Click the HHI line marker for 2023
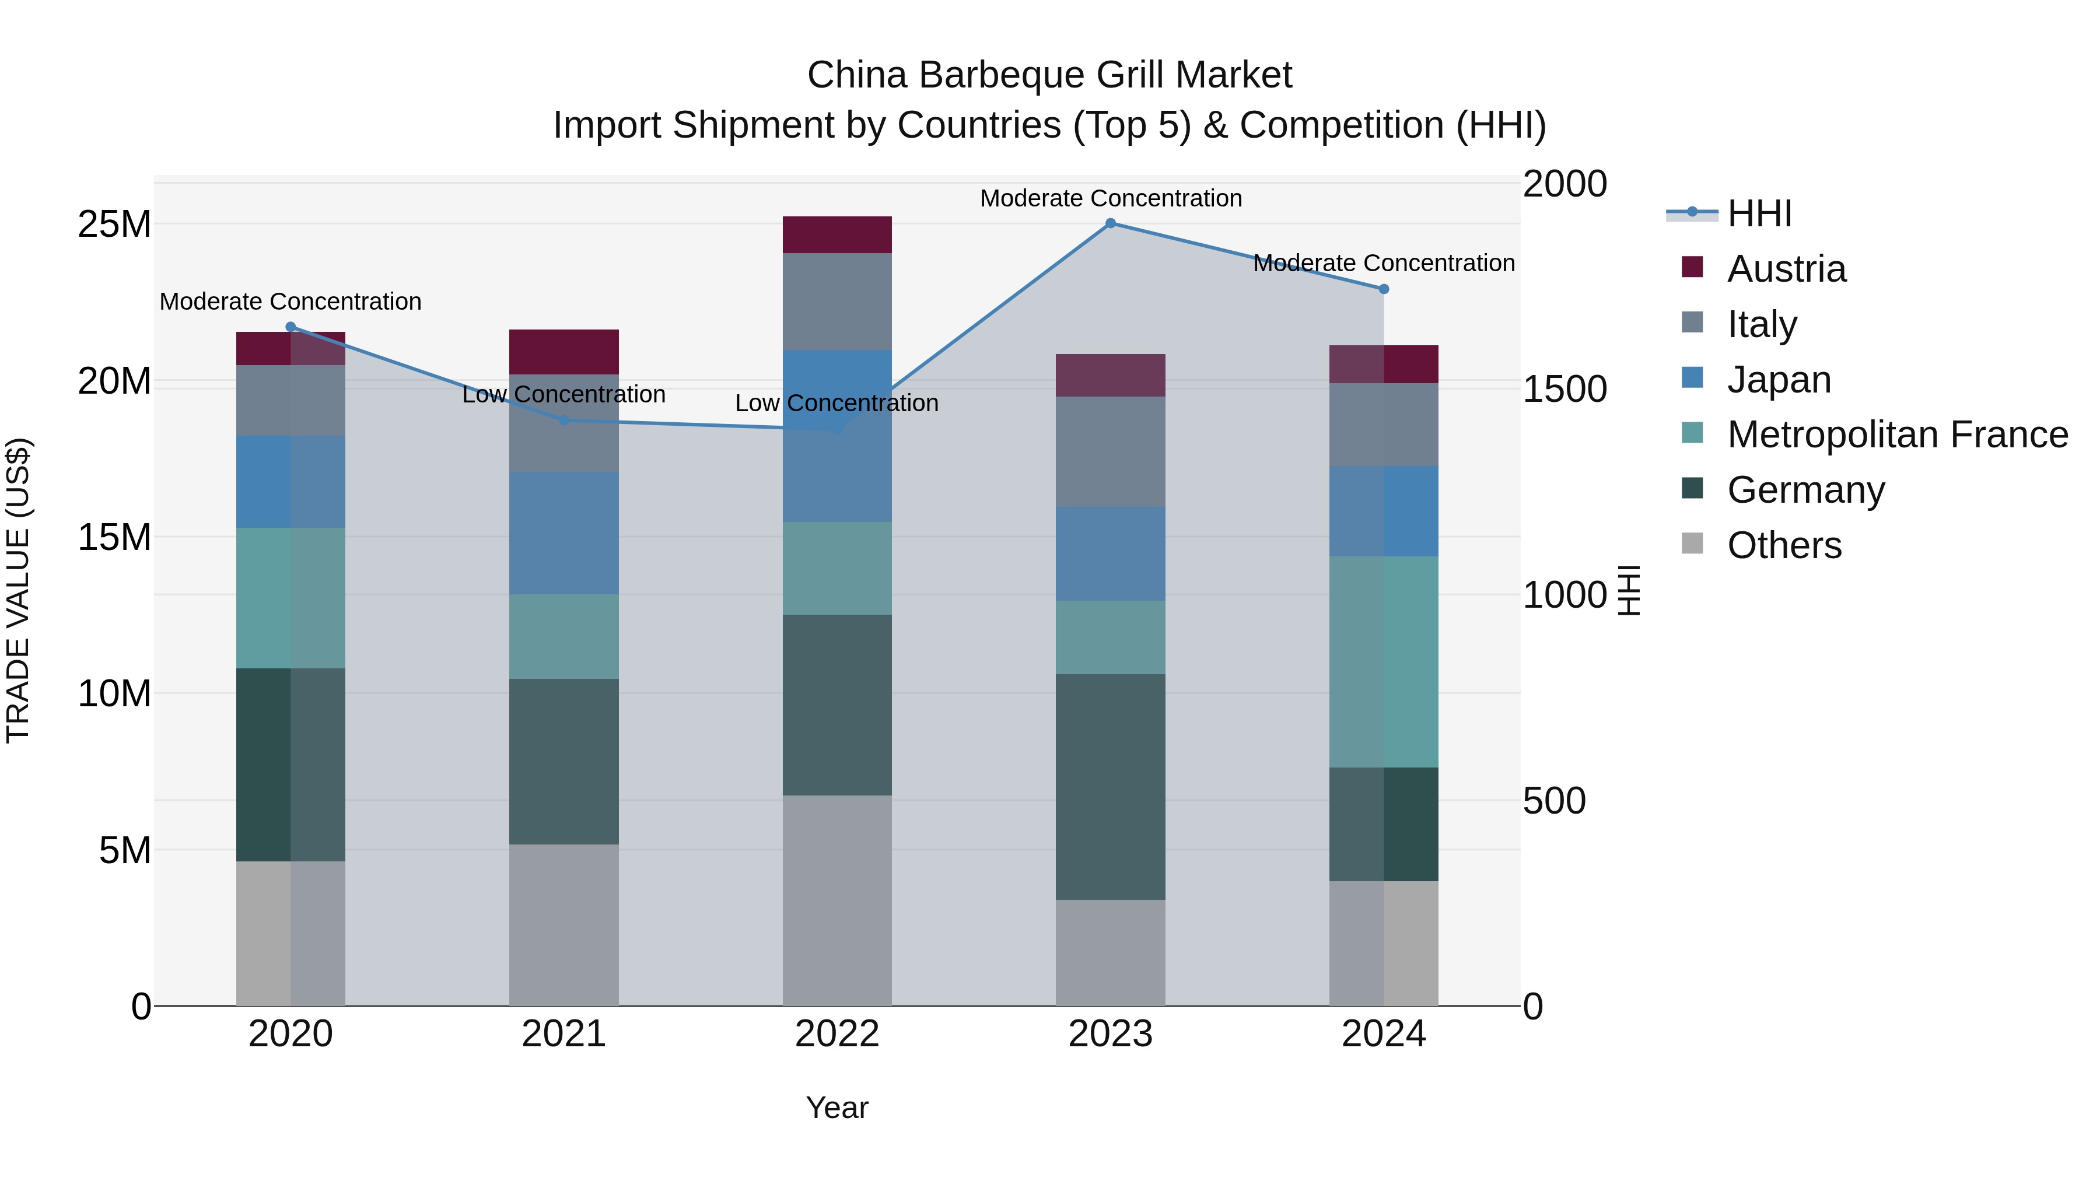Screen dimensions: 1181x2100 click(1110, 223)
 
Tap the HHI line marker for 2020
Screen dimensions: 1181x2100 click(291, 327)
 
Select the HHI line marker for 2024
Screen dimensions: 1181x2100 click(1384, 289)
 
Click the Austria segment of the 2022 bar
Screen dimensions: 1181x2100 click(837, 234)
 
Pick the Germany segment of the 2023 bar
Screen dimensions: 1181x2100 click(1110, 787)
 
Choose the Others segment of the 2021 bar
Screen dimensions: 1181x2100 click(564, 924)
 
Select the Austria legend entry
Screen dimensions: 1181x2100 click(1786, 269)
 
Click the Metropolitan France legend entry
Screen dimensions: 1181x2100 click(1896, 434)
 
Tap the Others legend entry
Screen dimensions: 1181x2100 click(1784, 545)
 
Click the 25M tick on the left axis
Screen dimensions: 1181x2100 click(114, 224)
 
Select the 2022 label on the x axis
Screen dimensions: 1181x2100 click(837, 1034)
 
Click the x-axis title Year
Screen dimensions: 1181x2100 click(837, 1108)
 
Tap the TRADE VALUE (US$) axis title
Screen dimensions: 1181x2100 click(18, 590)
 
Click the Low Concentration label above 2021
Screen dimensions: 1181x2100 click(564, 394)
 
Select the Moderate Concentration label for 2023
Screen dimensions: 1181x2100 click(1110, 198)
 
